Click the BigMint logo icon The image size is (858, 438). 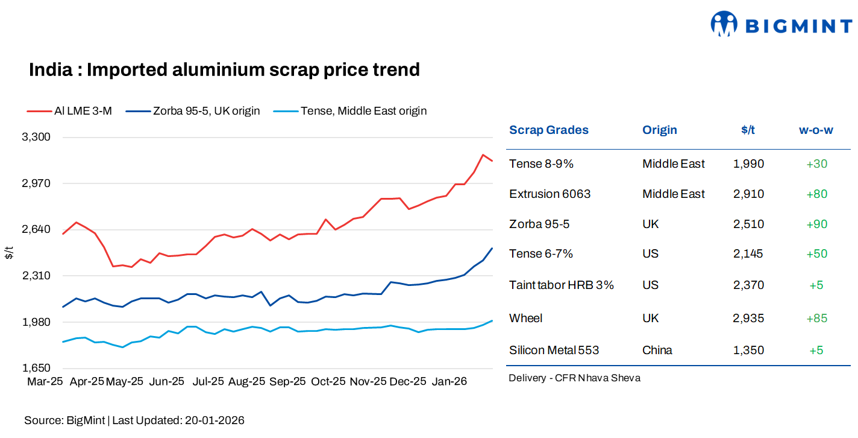point(724,24)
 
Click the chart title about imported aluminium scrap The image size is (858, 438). point(224,70)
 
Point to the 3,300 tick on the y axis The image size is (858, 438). point(36,137)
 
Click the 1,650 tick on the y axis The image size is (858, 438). point(36,368)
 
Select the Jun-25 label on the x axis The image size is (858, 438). point(166,382)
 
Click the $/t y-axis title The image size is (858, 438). point(8,253)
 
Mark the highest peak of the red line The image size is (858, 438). point(483,155)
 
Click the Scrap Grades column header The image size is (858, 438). point(548,130)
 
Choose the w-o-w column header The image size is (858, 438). point(816,130)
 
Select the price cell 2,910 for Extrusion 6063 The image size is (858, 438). point(748,194)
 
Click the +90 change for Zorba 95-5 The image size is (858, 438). point(816,224)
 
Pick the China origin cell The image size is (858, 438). point(657,351)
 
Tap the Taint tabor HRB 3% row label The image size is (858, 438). point(561,285)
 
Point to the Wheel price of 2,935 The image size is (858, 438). point(748,319)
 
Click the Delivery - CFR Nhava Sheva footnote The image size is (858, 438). point(574,378)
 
